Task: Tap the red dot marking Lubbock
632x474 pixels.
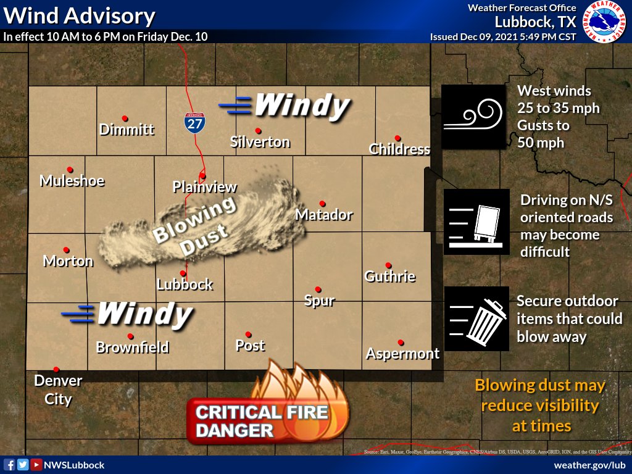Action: coord(183,273)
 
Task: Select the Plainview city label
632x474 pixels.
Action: coord(205,186)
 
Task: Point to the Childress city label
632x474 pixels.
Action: coord(399,149)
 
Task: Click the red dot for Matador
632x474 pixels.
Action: coord(322,203)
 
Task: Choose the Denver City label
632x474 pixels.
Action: coord(58,389)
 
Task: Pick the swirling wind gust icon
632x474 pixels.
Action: coord(473,117)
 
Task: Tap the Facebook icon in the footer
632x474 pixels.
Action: coord(9,465)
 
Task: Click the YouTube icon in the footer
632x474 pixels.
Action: coord(36,465)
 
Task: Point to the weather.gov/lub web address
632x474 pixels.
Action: coord(589,465)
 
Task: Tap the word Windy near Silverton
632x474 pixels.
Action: coord(301,106)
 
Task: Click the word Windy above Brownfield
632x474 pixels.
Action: coord(144,314)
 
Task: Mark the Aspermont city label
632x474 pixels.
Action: coord(402,354)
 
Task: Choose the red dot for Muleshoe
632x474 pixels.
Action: coord(70,169)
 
